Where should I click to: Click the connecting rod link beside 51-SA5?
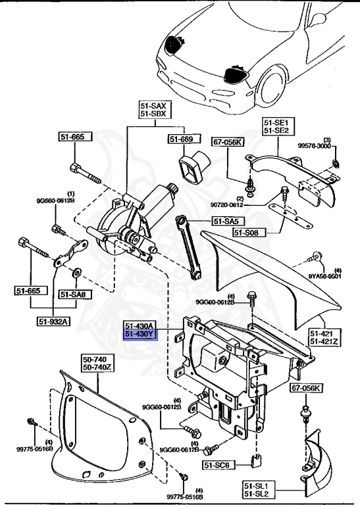point(188,249)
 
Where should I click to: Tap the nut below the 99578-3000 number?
point(336,162)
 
